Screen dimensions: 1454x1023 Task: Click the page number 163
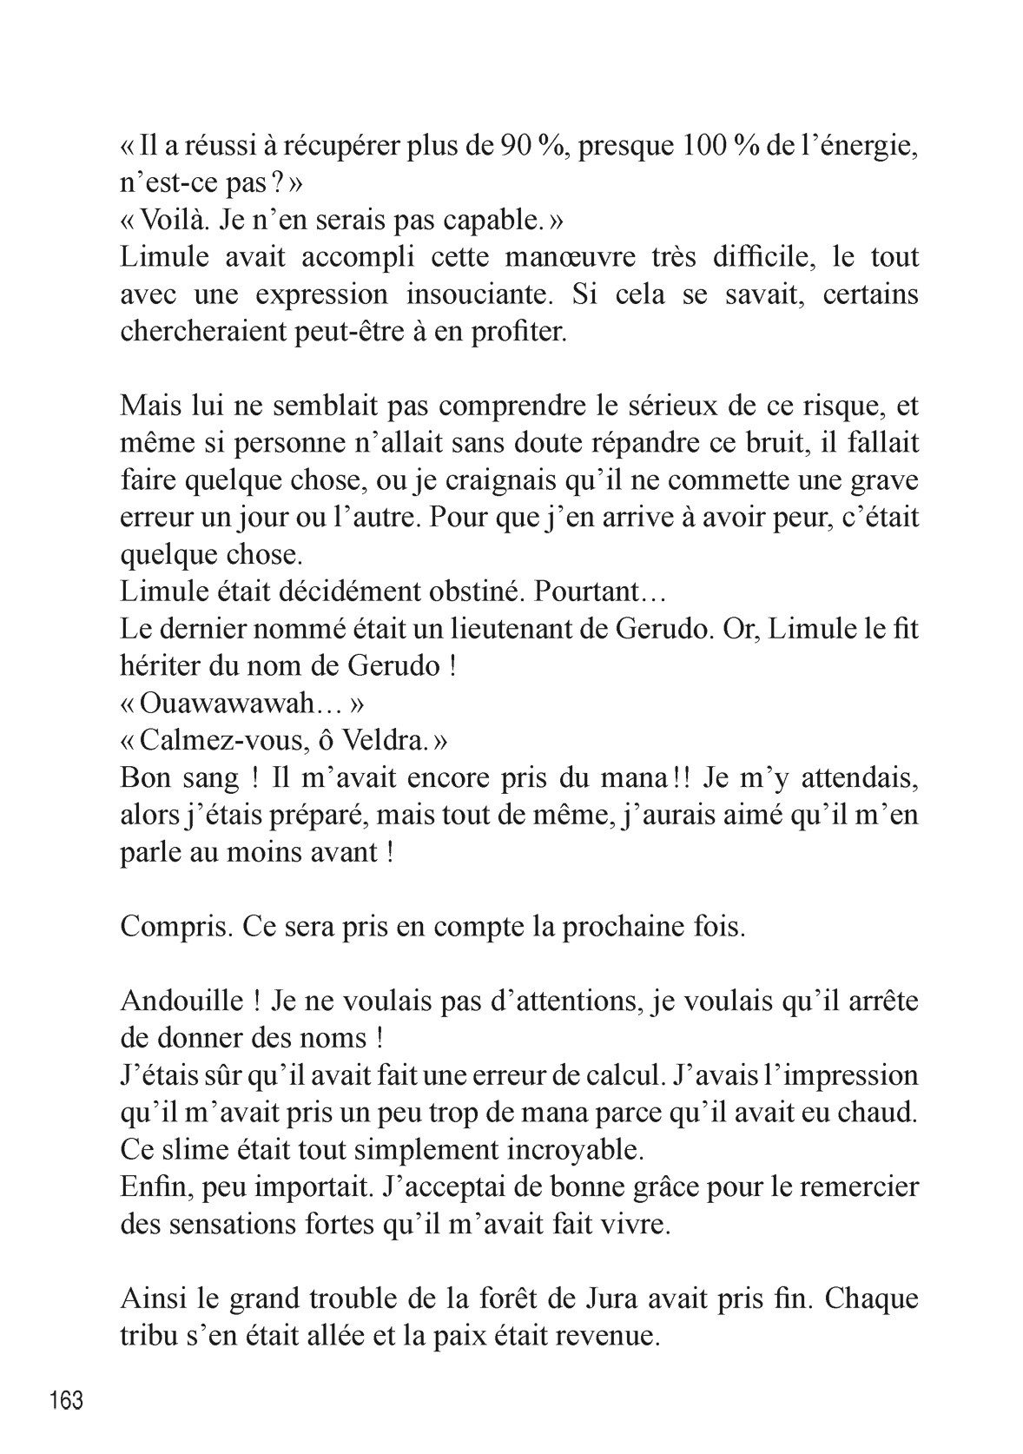[67, 1400]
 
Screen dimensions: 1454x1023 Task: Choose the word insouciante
[478, 294]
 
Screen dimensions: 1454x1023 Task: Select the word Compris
[174, 926]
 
